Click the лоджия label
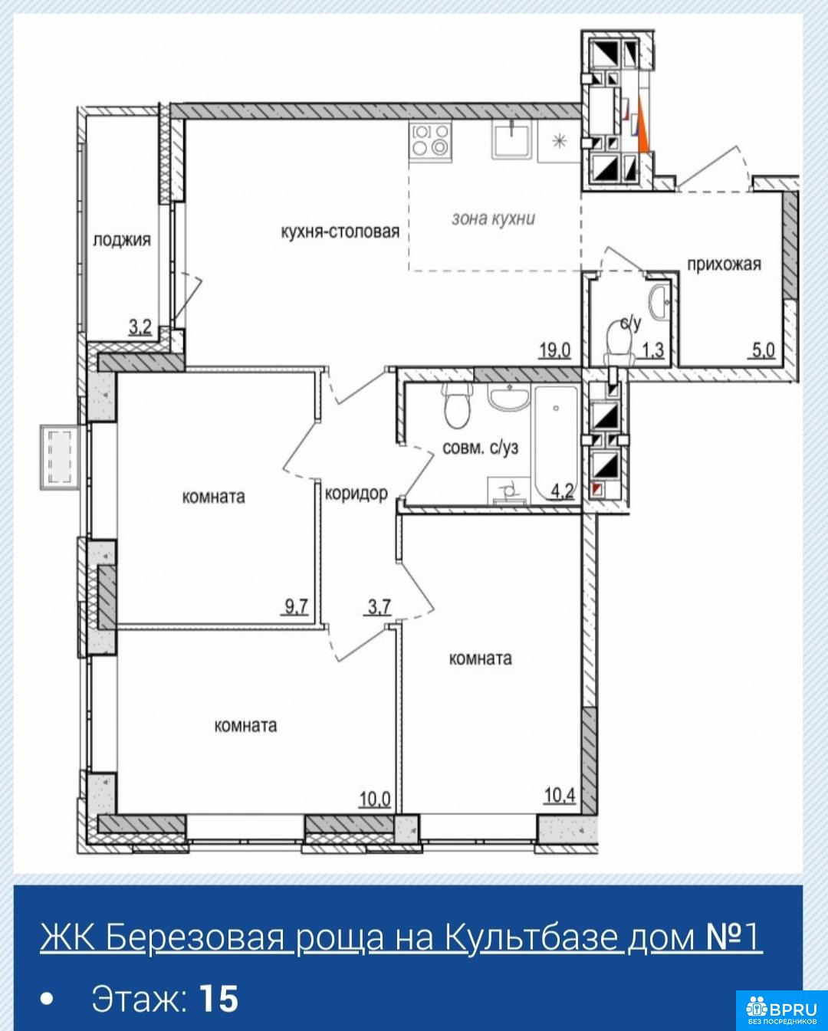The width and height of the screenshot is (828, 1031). click(x=122, y=240)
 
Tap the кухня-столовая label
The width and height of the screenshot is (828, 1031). click(x=340, y=231)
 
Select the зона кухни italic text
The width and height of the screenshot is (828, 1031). click(x=494, y=218)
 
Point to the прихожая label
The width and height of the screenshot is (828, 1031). click(x=724, y=264)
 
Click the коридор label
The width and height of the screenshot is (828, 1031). click(x=356, y=493)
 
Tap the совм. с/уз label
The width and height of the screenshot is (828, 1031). click(x=480, y=448)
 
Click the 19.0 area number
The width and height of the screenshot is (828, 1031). click(x=555, y=351)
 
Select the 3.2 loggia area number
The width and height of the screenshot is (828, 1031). click(x=140, y=328)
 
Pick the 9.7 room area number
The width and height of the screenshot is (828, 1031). click(x=296, y=607)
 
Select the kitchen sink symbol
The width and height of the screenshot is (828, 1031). click(x=511, y=139)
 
